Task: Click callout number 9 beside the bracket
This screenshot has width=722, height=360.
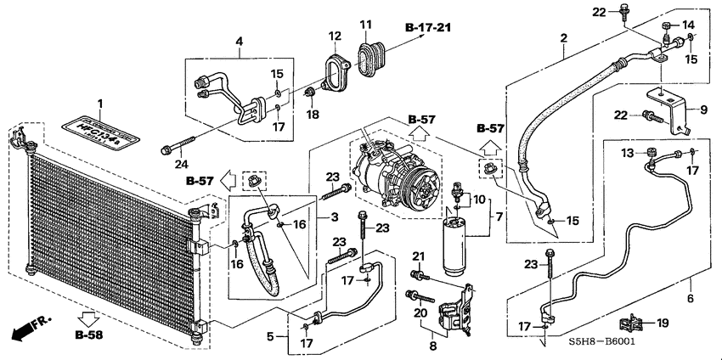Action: (x=703, y=110)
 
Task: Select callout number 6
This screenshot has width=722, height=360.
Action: (x=690, y=298)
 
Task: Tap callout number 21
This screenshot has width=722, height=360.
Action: (x=417, y=256)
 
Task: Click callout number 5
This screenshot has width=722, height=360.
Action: (x=271, y=336)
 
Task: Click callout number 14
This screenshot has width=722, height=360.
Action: (x=688, y=24)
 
